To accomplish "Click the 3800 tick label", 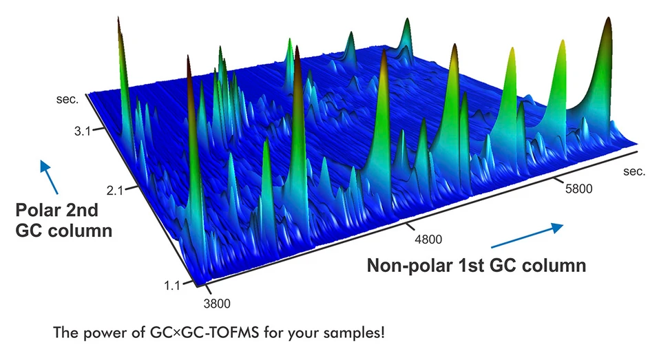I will pyautogui.click(x=216, y=302).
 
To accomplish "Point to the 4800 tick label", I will pyautogui.click(x=428, y=239).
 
